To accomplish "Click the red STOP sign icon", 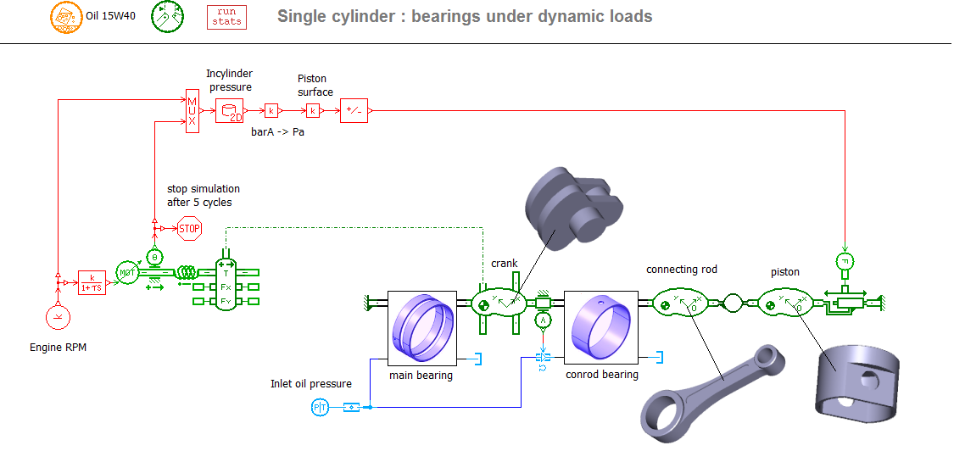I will tap(189, 228).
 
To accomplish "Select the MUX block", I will tap(192, 111).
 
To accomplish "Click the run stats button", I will tap(227, 17).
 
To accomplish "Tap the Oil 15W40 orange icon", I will tap(63, 15).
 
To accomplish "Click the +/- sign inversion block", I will tap(354, 111).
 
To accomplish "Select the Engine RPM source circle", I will tap(58, 318).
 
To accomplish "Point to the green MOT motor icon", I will tap(127, 273).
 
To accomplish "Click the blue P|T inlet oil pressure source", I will tap(319, 409).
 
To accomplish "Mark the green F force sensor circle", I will tap(845, 259).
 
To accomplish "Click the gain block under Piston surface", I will tap(313, 111).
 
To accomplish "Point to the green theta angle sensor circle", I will tap(153, 256).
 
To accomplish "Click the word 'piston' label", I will tap(784, 272).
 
